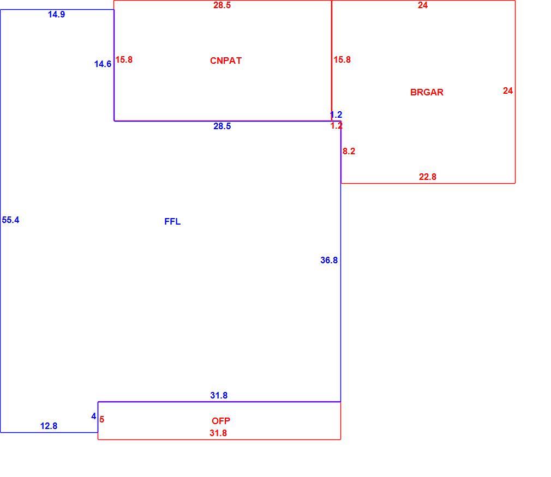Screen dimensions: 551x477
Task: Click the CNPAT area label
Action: pos(226,61)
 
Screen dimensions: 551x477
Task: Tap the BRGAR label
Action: pos(427,92)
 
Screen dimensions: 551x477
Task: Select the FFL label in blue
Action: pos(172,222)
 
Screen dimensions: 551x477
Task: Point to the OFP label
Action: pos(221,421)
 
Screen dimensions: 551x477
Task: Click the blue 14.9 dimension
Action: pos(56,14)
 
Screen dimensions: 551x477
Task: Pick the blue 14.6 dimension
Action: pos(103,64)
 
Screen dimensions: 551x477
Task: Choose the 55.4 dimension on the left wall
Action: pos(10,220)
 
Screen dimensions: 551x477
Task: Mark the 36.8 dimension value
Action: pos(329,260)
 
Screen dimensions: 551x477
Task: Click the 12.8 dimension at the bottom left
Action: pos(49,426)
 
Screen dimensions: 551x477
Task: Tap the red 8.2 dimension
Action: pos(349,152)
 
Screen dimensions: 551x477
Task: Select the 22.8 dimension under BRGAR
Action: pos(427,177)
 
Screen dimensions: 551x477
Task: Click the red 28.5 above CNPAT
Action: pos(222,5)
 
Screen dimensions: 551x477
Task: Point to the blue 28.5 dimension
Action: pos(222,126)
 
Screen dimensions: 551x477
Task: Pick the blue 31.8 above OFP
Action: pos(219,396)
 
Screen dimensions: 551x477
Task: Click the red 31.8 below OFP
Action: pos(218,433)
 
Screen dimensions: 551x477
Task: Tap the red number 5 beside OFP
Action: pos(101,419)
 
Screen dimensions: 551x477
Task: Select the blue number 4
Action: pos(93,416)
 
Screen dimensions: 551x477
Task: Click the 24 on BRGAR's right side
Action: pos(508,91)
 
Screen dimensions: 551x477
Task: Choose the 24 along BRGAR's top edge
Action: pos(423,5)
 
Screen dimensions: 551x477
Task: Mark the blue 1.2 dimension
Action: pos(336,115)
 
